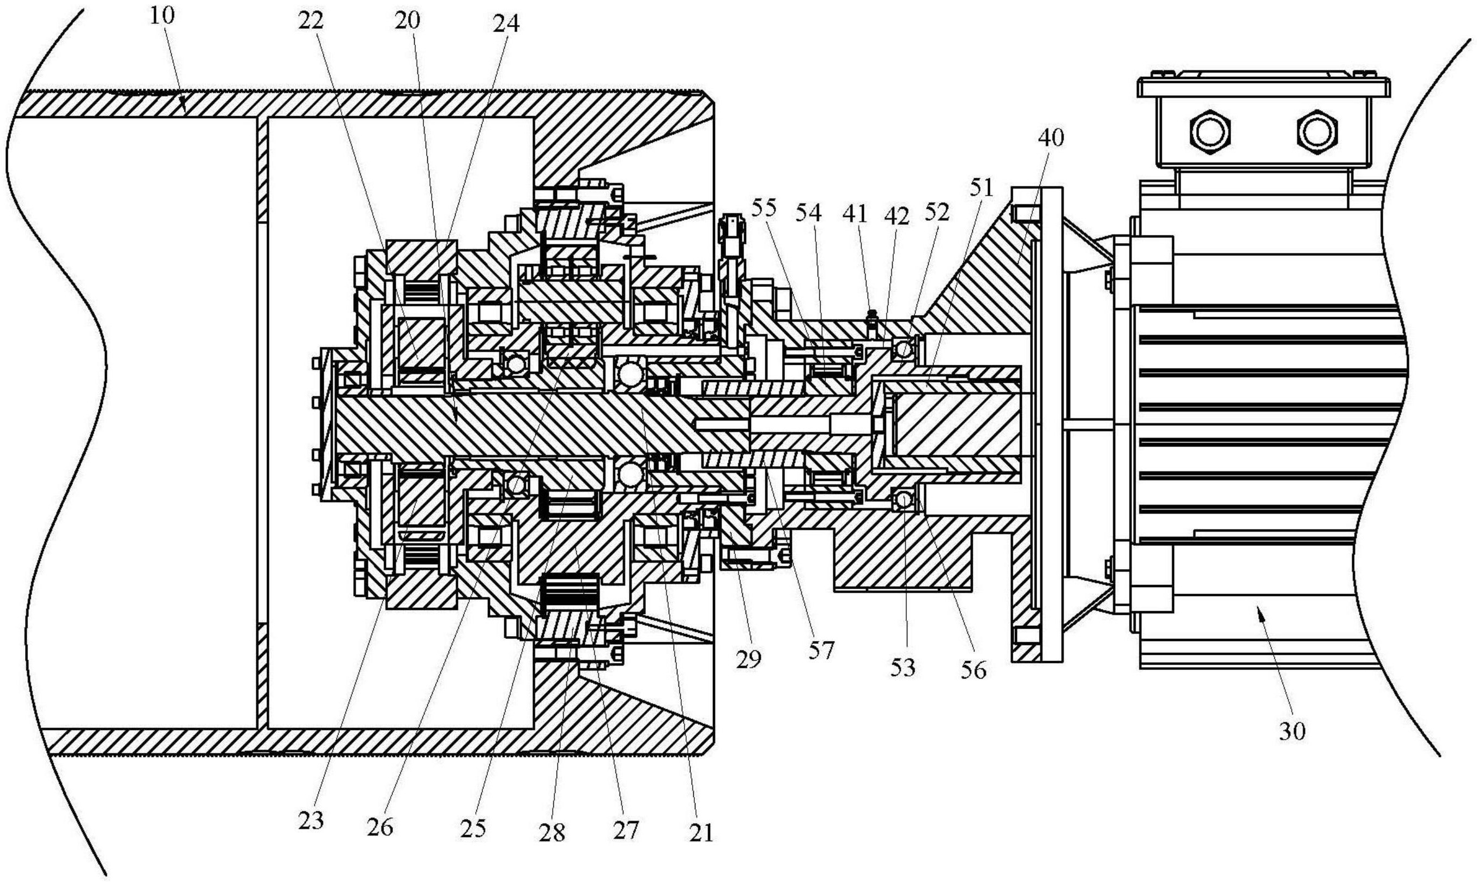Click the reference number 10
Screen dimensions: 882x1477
(162, 16)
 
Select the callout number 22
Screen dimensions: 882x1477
(310, 21)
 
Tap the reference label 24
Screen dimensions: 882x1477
(506, 24)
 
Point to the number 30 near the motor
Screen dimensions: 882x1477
(1292, 731)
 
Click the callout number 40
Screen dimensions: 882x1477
(1050, 138)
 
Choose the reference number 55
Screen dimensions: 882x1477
(764, 208)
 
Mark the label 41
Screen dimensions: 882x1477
(856, 213)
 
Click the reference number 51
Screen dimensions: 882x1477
(981, 188)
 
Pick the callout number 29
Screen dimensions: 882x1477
(748, 659)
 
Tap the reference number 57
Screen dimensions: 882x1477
(821, 651)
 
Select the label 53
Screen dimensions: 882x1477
(903, 668)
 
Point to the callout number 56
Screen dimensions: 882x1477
(973, 670)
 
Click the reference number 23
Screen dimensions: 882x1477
(310, 821)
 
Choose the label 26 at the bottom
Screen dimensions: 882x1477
(380, 827)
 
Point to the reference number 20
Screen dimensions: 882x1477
(407, 21)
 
